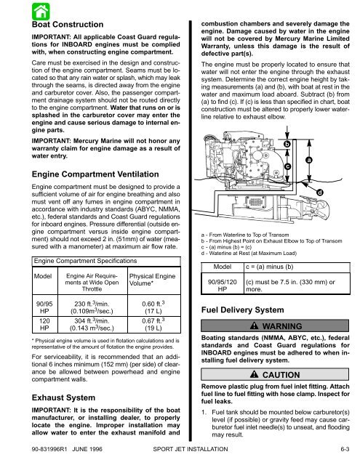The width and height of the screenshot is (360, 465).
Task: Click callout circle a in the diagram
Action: pyautogui.click(x=329, y=139)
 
